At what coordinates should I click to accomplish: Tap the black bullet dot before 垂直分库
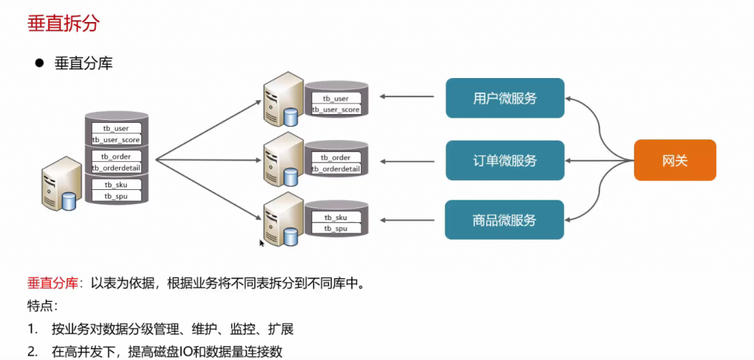pyautogui.click(x=40, y=63)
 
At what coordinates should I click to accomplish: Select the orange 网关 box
pyautogui.click(x=674, y=160)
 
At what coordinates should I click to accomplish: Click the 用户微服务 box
pyautogui.click(x=504, y=98)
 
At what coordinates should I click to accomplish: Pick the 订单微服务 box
pyautogui.click(x=504, y=160)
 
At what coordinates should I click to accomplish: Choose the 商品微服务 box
pyautogui.click(x=504, y=219)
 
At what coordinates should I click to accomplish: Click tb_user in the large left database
pyautogui.click(x=116, y=128)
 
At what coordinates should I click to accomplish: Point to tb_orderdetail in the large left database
pyautogui.click(x=116, y=168)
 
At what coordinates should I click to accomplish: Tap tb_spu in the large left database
pyautogui.click(x=116, y=197)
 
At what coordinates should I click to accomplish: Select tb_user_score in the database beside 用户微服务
pyautogui.click(x=336, y=110)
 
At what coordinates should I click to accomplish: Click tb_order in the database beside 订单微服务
pyautogui.click(x=336, y=158)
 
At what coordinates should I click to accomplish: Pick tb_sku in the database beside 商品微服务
pyautogui.click(x=336, y=218)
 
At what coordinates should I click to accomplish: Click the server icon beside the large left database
pyautogui.click(x=60, y=183)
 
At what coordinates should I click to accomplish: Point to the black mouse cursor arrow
pyautogui.click(x=261, y=242)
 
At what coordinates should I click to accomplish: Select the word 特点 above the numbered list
pyautogui.click(x=40, y=306)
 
